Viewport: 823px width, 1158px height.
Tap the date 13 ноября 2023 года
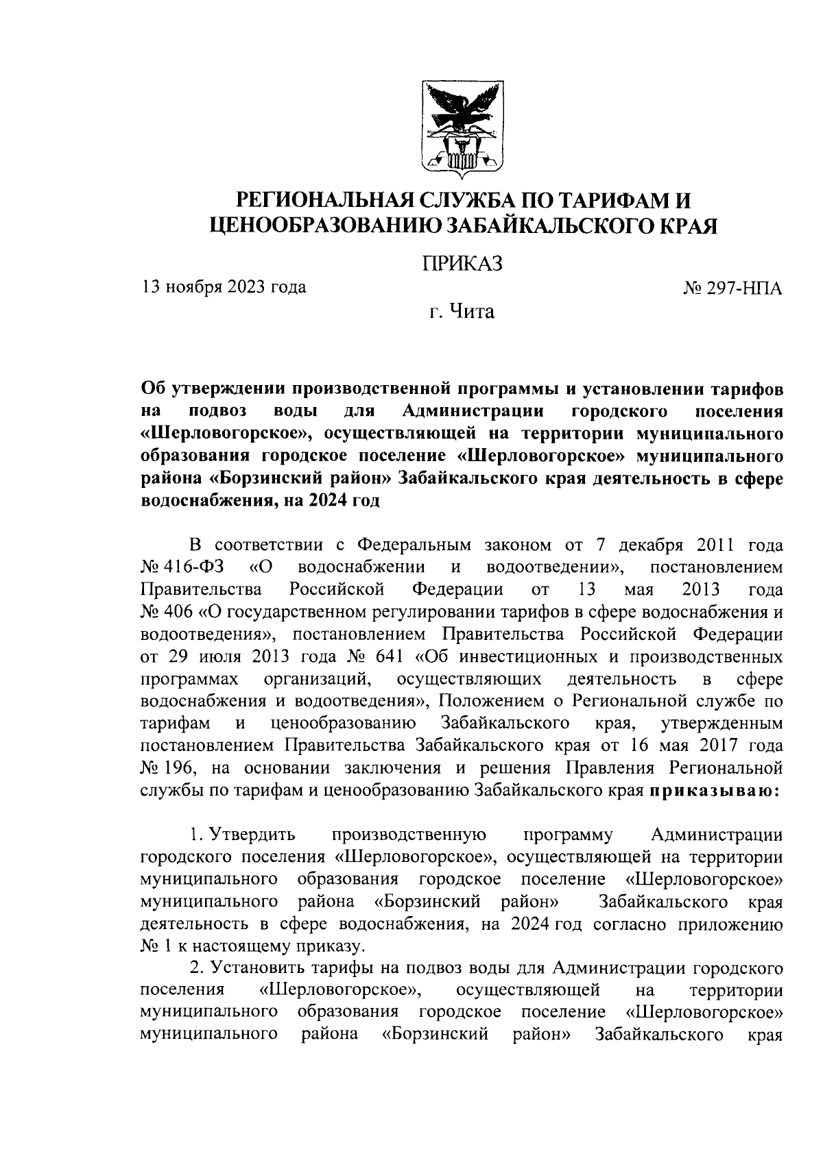click(x=224, y=286)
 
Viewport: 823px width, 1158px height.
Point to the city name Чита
click(x=471, y=312)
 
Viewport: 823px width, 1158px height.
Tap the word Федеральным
click(x=414, y=545)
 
